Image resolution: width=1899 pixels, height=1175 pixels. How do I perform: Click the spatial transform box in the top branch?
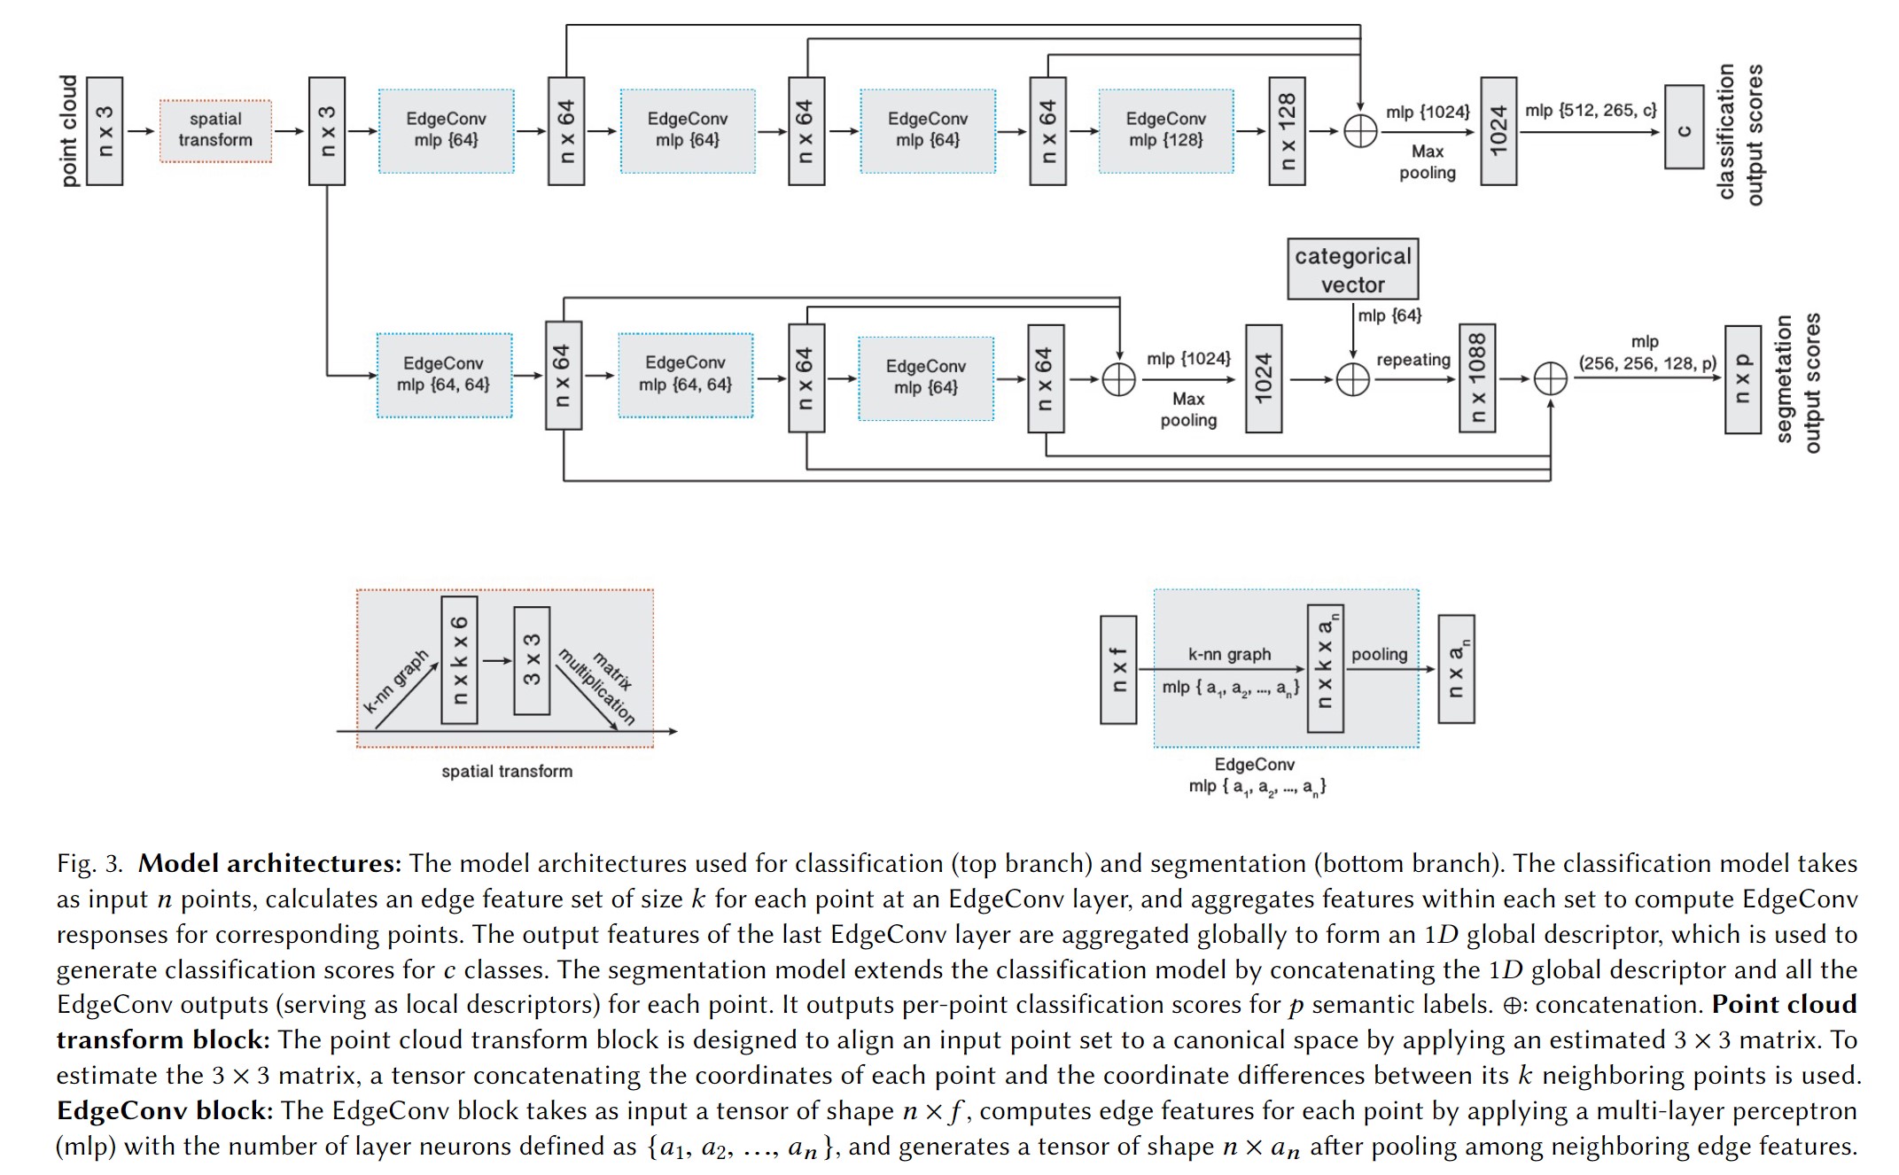pos(215,130)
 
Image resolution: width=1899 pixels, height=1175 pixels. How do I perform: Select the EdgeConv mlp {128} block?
pos(1165,130)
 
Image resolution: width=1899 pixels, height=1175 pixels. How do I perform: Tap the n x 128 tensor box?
pos(1287,130)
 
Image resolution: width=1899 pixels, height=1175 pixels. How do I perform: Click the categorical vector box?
pos(1352,269)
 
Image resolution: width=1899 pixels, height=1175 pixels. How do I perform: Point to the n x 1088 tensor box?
pos(1476,378)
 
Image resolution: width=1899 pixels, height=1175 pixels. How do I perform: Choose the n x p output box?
pos(1742,379)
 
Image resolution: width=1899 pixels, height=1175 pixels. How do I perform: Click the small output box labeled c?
pos(1684,127)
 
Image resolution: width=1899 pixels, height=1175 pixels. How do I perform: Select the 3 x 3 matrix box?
pos(532,660)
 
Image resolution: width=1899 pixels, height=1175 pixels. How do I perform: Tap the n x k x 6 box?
pos(459,660)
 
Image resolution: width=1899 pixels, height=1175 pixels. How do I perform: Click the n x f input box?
pos(1117,670)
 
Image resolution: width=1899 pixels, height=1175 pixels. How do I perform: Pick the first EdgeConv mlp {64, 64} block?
pos(444,374)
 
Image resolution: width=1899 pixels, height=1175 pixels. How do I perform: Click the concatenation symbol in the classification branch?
pos(1360,131)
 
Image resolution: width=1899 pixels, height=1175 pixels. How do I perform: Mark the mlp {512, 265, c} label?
pos(1591,111)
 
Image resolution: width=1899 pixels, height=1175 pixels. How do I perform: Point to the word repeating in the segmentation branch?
pos(1413,360)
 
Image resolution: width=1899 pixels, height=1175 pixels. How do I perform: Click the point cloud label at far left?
pos(69,130)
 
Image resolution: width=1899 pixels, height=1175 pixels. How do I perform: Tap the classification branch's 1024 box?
pos(1498,130)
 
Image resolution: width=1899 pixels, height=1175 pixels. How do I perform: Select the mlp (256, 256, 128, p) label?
pos(1646,354)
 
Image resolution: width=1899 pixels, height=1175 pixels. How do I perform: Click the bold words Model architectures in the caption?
pos(269,863)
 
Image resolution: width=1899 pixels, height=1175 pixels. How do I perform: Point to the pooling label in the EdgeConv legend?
pos(1379,654)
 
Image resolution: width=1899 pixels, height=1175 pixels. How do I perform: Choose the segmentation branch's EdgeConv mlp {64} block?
pos(925,377)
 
